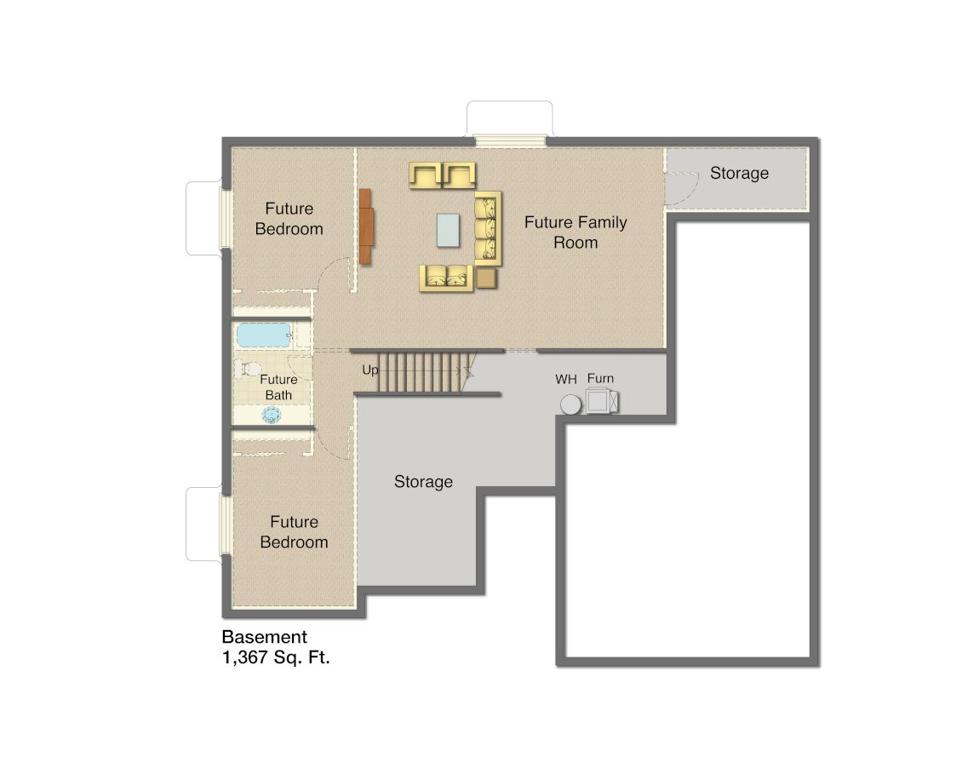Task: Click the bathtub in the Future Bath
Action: coord(264,335)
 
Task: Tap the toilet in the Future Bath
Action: coord(249,369)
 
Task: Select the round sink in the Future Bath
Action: coord(272,415)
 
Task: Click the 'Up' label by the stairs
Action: coord(370,370)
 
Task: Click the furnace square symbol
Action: coord(601,400)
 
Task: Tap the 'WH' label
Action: coord(566,379)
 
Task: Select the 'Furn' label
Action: coord(600,379)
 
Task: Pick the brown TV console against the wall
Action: coord(366,227)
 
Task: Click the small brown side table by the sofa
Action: coord(486,278)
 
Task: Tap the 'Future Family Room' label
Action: coord(575,232)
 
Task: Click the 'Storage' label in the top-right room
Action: coord(739,174)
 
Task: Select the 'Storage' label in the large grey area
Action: coord(423,482)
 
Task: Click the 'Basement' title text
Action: coord(264,637)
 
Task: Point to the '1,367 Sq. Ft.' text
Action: coord(276,657)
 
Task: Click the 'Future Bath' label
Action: coord(278,387)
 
